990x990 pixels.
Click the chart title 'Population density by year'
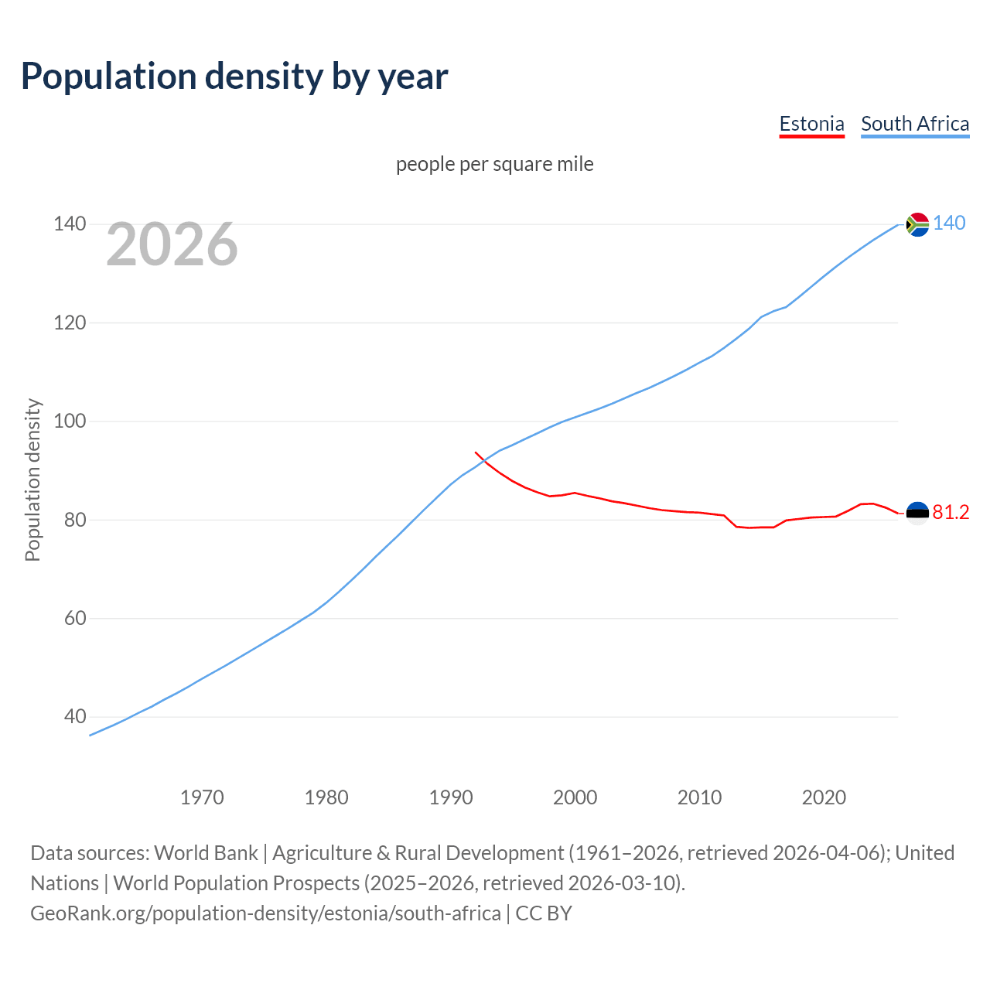click(234, 77)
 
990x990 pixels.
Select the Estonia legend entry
click(811, 124)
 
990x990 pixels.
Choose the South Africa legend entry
click(915, 124)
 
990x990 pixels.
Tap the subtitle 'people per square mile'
click(495, 164)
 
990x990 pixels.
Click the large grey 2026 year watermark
click(172, 244)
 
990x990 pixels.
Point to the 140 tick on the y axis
click(70, 224)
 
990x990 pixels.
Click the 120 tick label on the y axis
click(70, 323)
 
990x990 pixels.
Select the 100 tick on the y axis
click(70, 422)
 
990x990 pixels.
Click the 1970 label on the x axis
click(202, 797)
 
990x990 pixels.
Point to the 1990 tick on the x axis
click(451, 797)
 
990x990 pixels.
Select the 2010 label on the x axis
click(700, 797)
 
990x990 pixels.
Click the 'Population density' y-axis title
click(32, 480)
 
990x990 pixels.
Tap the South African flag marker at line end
click(917, 224)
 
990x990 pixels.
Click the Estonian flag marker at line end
click(917, 514)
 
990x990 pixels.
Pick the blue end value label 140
click(949, 224)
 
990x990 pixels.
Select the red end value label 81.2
click(951, 513)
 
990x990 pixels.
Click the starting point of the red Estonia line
click(476, 452)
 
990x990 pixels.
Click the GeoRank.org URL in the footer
click(265, 913)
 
